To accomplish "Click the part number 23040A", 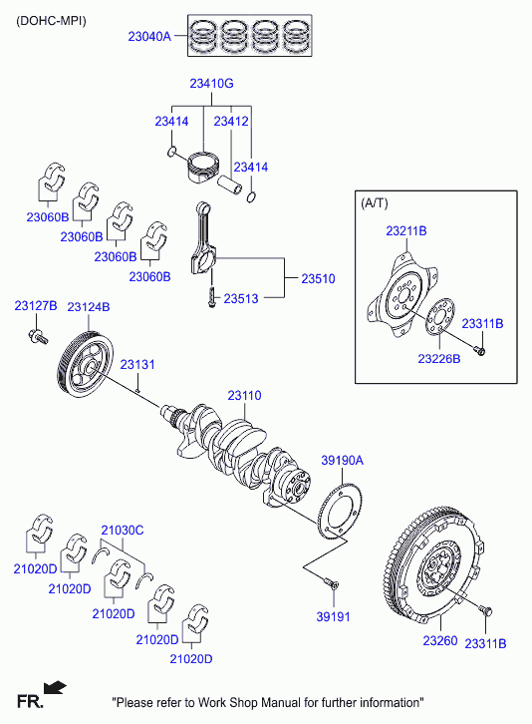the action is pos(149,37).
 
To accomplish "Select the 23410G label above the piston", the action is pos(212,84).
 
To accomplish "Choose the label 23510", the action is pos(318,279).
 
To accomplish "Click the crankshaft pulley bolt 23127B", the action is pos(38,336).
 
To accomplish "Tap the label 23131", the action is pos(137,365).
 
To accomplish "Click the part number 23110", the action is pos(244,396).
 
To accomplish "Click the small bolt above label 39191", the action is pos(332,583).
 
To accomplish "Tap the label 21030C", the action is pos(123,531).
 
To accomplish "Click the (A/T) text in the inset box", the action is pos(375,203).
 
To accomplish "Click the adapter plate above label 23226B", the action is pos(440,316).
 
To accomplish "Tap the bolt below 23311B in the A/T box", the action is pos(480,350).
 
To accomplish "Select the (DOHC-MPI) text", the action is pos(51,21).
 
